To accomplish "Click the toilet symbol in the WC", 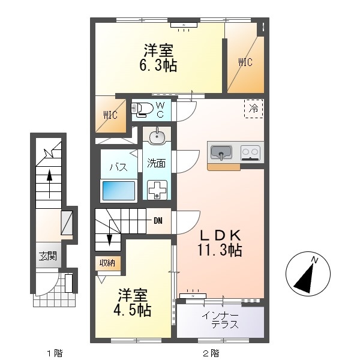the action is coord(142,109).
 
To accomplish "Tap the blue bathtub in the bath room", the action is coord(119,191).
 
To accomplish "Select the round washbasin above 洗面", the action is coord(157,137).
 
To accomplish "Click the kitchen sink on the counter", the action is coord(221,152).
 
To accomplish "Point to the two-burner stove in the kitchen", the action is coord(250,152).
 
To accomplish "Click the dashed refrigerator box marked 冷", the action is coord(254,109).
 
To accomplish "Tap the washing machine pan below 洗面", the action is coord(157,190).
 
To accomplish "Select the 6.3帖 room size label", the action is coord(158,65).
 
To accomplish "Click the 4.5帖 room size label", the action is coord(132,310).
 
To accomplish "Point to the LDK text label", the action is coord(220,235).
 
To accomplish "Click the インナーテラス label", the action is coord(220,321).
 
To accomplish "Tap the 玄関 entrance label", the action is coord(48,256).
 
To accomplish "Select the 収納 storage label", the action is coord(107,263).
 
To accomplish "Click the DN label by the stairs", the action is coord(158,221).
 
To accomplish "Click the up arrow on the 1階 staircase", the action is coord(49,184).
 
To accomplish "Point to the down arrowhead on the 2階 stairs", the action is coord(110,240).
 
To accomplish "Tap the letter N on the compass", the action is coord(315,260).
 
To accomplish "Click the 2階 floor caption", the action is coord(211,353).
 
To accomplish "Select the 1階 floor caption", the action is coord(55,353).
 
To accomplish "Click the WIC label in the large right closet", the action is coord(245,62).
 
